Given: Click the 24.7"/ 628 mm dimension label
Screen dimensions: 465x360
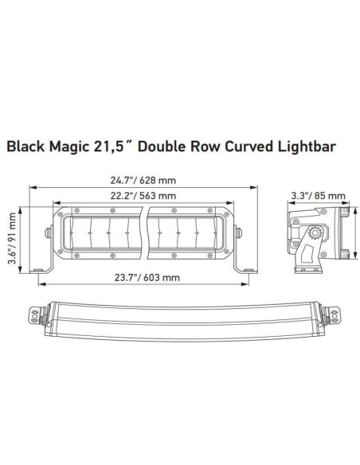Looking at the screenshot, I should (143, 180).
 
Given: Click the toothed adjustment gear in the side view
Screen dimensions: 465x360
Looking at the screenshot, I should (314, 233).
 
